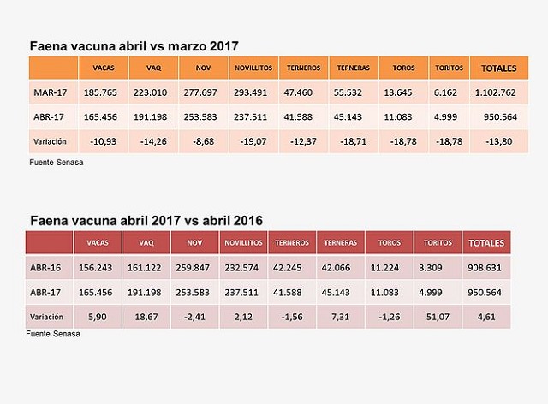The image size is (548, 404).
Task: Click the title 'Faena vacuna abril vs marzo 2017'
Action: coord(134,45)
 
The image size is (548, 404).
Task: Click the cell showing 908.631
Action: coord(485,267)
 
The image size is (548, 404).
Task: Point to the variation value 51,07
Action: coord(437,317)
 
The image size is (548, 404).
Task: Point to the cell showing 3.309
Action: coord(437,267)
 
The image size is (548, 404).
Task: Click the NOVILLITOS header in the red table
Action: coord(243,243)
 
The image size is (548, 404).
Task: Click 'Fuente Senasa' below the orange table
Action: coord(53,160)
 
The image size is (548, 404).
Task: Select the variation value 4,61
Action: coord(485,317)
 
